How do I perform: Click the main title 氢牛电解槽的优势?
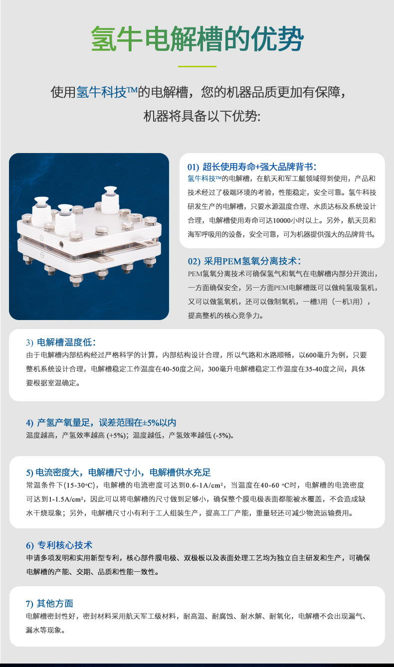197,39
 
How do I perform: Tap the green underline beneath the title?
197,66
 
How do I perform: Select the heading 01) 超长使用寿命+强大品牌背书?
252,167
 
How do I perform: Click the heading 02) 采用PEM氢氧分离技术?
244,261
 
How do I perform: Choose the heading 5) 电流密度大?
119,472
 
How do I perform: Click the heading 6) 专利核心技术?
59,545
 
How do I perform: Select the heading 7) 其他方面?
49,603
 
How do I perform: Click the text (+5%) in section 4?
116,435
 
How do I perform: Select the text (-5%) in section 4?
222,435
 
